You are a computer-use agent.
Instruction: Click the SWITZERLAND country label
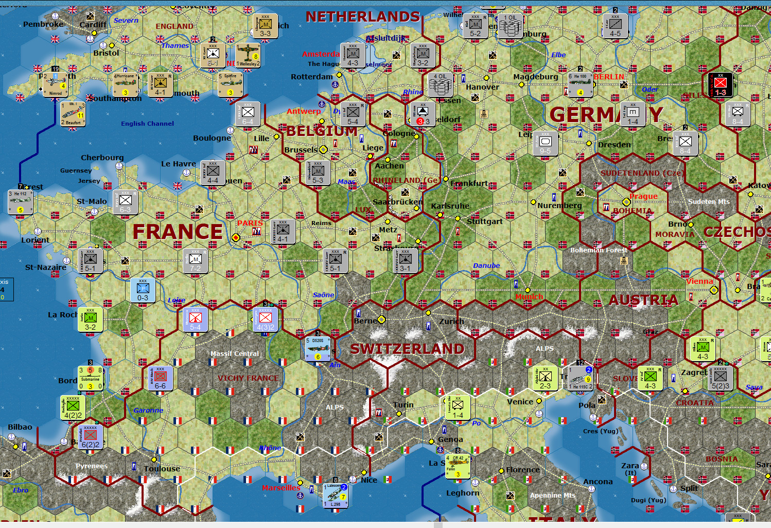[x=407, y=349]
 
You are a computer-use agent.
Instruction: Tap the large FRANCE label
[x=178, y=232]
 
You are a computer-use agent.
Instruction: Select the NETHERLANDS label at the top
[x=363, y=17]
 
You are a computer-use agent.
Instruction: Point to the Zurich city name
[x=451, y=321]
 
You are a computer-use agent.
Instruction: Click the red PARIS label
[x=250, y=223]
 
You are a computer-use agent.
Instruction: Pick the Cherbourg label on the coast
[x=102, y=158]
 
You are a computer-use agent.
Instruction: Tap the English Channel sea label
[x=147, y=124]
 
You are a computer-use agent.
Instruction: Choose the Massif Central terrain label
[x=234, y=354]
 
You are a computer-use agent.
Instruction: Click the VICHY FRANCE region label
[x=248, y=378]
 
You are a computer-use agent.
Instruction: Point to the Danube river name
[x=486, y=266]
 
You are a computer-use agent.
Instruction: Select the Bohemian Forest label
[x=599, y=250]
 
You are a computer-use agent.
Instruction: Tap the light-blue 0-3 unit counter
[x=143, y=291]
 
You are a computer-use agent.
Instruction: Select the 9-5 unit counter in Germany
[x=545, y=144]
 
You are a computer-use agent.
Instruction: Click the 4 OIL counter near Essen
[x=440, y=84]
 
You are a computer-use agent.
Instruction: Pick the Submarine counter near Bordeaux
[x=90, y=379]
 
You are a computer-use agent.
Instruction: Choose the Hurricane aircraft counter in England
[x=125, y=84]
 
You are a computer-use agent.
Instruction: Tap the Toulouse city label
[x=162, y=469]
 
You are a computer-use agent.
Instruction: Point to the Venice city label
[x=520, y=402]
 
